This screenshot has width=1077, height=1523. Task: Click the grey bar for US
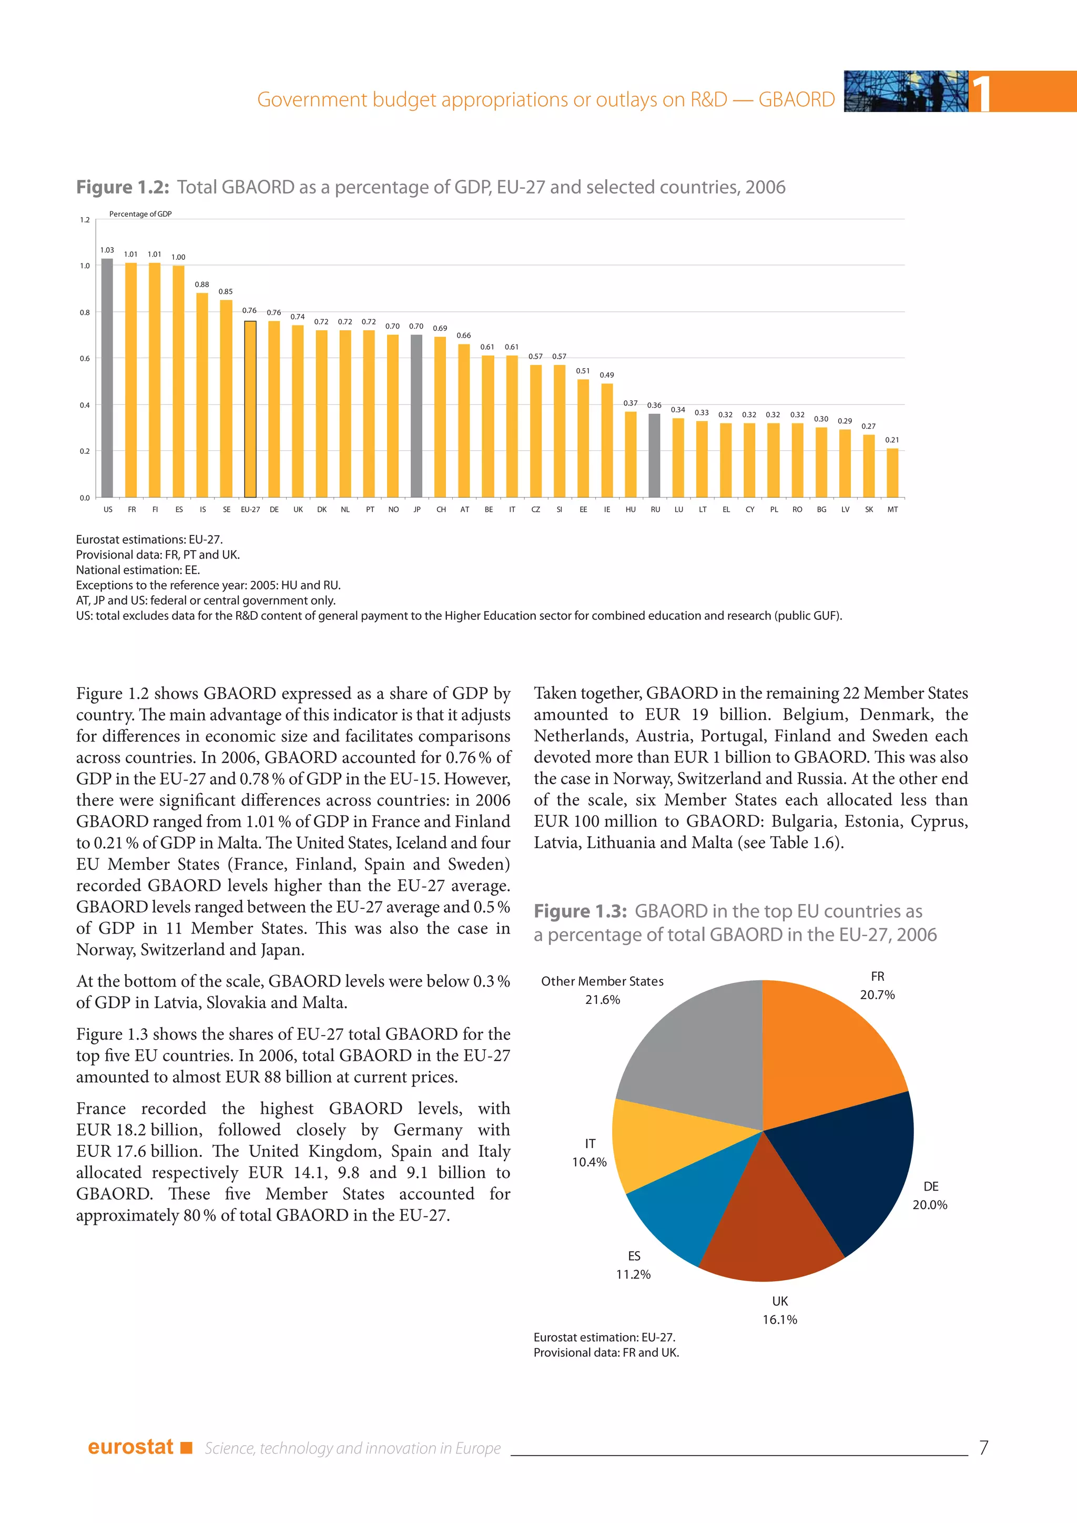(x=107, y=378)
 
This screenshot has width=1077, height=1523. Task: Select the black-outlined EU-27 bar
(x=250, y=409)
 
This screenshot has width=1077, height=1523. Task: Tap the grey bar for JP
(x=416, y=416)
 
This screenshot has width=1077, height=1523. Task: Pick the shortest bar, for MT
(x=892, y=473)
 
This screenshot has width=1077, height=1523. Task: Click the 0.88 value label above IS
(x=201, y=285)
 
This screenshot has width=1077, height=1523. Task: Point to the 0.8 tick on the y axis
(x=85, y=312)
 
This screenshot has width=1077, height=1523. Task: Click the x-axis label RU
(x=655, y=510)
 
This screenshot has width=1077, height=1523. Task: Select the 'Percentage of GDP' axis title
(x=140, y=214)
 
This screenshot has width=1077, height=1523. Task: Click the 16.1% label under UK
(x=779, y=1319)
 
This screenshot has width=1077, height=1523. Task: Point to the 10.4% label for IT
(x=589, y=1162)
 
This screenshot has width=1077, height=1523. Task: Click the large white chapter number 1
(x=980, y=93)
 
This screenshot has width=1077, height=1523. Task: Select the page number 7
(x=983, y=1447)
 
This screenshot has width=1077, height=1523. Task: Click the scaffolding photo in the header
(x=905, y=92)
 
